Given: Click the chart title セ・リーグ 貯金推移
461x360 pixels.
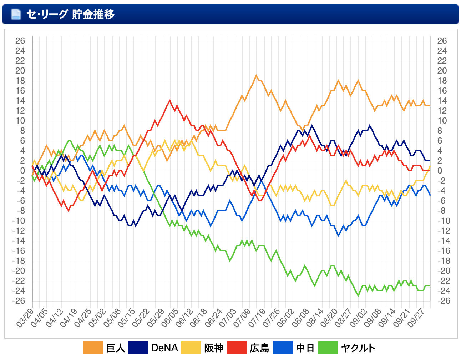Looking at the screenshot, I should coord(70,14).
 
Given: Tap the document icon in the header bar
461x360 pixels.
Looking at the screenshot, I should coord(16,14).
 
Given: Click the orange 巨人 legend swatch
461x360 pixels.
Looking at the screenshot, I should coord(92,348).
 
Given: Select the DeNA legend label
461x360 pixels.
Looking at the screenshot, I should coord(164,348).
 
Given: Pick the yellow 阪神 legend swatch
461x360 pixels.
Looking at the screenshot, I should coord(191,348).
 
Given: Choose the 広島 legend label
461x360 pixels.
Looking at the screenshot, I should coord(259,348).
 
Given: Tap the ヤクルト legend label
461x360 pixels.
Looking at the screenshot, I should coord(358,348).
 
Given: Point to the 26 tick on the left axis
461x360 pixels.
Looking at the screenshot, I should coord(20,41).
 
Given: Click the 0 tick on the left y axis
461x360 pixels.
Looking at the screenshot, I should coord(22,171).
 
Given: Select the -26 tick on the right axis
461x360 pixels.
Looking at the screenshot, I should coord(442,301).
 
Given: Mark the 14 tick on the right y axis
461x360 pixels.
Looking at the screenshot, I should coord(442,101).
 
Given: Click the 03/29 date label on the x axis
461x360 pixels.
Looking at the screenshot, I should coord(25,318).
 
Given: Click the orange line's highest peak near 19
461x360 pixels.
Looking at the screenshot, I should coord(256,76).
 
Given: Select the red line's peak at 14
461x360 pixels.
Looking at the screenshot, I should coord(169,101).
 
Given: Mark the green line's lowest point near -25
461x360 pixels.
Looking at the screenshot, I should coord(358,296).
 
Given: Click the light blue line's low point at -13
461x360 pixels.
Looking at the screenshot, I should coord(338,236).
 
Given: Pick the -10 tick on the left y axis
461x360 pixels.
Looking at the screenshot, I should coord(19,221).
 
